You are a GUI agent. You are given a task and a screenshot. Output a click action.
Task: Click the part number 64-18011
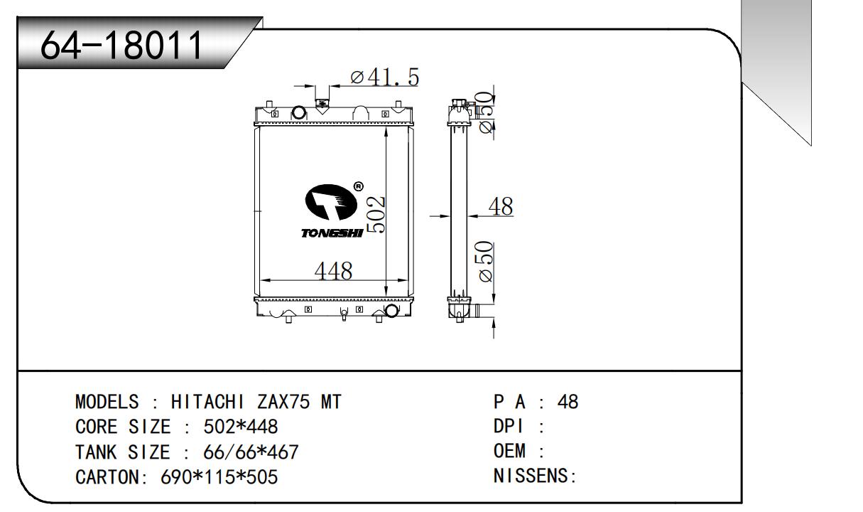121,45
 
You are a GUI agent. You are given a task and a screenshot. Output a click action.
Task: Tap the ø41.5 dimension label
384,77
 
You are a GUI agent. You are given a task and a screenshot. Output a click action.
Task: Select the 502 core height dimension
376,215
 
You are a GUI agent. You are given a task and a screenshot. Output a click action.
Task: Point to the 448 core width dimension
333,270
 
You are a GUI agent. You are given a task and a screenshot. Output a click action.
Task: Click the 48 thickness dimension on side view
501,206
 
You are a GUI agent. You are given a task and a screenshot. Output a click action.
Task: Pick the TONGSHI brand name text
332,233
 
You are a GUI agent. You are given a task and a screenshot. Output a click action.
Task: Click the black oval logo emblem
331,202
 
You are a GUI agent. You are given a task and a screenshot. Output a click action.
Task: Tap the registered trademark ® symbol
358,187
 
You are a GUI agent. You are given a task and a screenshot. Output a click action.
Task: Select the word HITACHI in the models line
207,402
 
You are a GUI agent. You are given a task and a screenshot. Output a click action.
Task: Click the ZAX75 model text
283,402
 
